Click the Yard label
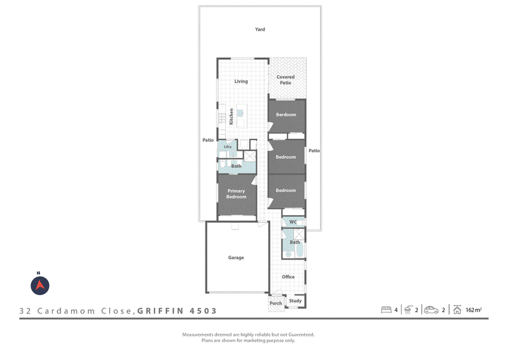point(260,29)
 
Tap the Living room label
point(241,81)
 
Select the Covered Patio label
point(285,80)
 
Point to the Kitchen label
point(231,116)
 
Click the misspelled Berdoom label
point(286,114)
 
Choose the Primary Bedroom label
point(236,194)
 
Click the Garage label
point(235,258)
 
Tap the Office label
point(288,277)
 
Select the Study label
point(295,301)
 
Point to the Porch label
point(275,303)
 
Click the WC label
point(293,222)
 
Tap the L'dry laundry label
point(228,147)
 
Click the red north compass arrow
point(40,285)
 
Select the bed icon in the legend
point(386,310)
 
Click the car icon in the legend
point(431,310)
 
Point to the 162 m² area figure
point(473,310)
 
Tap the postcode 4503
point(203,311)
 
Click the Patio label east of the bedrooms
point(314,151)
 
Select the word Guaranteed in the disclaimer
point(301,335)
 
